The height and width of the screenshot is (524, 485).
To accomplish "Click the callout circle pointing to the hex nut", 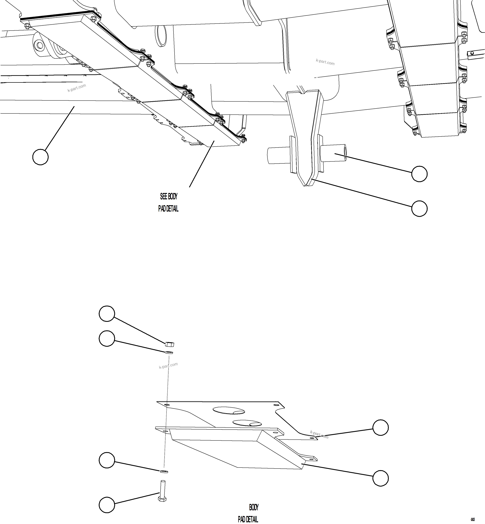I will [107, 313].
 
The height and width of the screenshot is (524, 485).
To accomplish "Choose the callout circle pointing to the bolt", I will [107, 505].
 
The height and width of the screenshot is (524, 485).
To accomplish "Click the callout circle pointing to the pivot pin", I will [419, 174].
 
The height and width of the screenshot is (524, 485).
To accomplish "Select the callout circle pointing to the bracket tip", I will [419, 209].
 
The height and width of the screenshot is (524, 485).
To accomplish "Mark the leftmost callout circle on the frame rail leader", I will [40, 157].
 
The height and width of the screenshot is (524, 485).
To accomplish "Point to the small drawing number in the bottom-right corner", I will [473, 519].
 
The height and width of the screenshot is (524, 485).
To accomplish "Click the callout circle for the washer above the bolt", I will [107, 460].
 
